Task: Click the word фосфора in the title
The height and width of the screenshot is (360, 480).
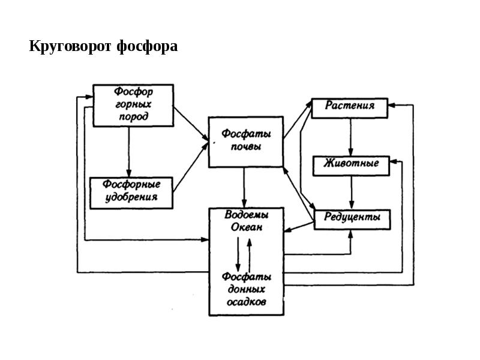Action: (x=147, y=46)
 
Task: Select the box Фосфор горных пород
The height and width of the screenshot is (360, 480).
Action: (x=133, y=105)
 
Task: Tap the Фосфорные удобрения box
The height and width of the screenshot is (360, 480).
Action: (x=131, y=192)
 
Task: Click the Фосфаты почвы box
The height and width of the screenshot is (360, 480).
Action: (x=245, y=141)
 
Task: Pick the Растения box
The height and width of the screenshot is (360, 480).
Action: (x=350, y=106)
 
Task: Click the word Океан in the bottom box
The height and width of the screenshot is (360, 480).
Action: (x=246, y=227)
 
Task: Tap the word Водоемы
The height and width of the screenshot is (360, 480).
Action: (x=246, y=215)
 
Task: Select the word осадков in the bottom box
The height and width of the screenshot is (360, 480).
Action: (x=246, y=302)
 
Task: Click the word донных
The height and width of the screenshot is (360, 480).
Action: (x=246, y=290)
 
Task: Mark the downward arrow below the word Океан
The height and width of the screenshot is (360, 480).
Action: (x=238, y=254)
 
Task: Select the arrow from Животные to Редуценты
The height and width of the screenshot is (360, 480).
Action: (x=352, y=191)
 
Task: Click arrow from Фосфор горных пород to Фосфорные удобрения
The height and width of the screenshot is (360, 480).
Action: (x=128, y=151)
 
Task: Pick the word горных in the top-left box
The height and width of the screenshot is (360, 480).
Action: (x=133, y=104)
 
